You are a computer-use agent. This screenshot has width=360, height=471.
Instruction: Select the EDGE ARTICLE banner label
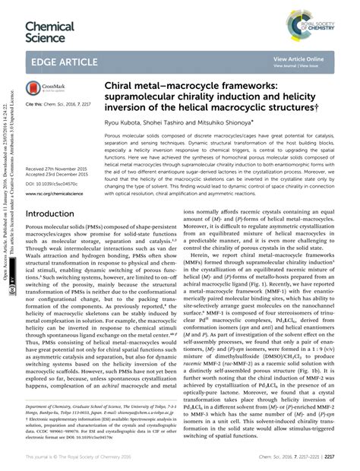(x=67, y=60)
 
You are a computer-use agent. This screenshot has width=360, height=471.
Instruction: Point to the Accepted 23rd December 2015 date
(x=58, y=175)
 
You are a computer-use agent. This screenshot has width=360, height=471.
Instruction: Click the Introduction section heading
(x=55, y=215)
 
